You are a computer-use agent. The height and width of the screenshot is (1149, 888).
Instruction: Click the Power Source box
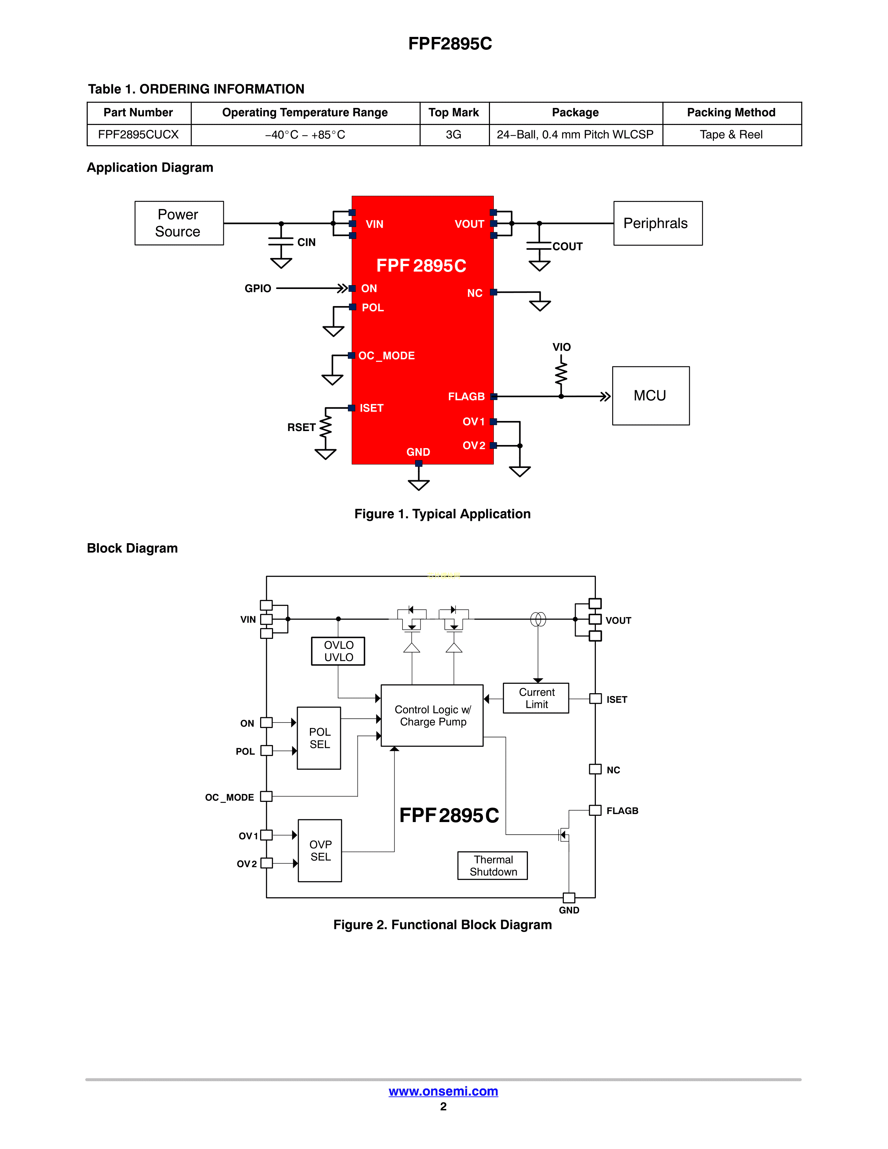tap(179, 223)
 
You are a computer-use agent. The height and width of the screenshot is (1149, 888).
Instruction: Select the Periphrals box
tap(657, 223)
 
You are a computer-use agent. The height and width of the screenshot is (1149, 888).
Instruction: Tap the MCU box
tap(650, 396)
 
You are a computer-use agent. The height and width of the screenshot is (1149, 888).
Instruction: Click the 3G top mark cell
tap(453, 135)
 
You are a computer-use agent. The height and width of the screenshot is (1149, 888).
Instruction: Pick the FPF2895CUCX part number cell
tap(138, 135)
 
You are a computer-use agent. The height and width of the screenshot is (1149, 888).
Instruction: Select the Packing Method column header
tap(731, 112)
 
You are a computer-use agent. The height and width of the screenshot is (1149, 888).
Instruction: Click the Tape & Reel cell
tap(731, 135)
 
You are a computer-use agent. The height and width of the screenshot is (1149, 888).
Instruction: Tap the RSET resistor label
tap(301, 427)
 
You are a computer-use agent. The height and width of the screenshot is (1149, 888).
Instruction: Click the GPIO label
tap(258, 288)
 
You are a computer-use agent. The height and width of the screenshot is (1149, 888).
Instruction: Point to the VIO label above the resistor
tap(561, 347)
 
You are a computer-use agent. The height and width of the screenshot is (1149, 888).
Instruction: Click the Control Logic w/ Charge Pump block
tap(433, 716)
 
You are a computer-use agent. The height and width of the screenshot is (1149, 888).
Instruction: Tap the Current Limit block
tap(536, 698)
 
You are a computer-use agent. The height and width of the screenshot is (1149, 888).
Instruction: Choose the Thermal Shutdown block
tap(493, 866)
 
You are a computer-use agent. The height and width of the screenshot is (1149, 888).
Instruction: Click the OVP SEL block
tap(320, 850)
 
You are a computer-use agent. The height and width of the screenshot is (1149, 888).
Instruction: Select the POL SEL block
tap(319, 737)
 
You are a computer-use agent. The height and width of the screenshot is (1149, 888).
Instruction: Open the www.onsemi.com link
tap(443, 1091)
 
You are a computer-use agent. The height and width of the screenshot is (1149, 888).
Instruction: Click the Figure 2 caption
tap(442, 925)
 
